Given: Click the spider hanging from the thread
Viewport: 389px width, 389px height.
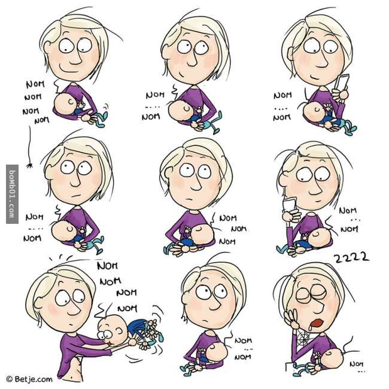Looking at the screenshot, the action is [x=29, y=165].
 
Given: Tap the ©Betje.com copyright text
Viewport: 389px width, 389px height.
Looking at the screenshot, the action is [x=29, y=379].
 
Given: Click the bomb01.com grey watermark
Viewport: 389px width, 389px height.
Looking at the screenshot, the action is [x=12, y=194].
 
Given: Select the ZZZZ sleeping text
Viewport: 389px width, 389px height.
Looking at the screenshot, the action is [x=351, y=258].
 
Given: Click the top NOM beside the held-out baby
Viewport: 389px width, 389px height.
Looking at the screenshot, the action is [x=108, y=266].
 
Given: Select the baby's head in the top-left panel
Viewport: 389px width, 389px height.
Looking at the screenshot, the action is [x=66, y=103].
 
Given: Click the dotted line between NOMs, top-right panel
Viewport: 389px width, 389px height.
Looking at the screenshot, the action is [x=281, y=108].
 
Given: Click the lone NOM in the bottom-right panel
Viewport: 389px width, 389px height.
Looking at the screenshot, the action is [x=356, y=364].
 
